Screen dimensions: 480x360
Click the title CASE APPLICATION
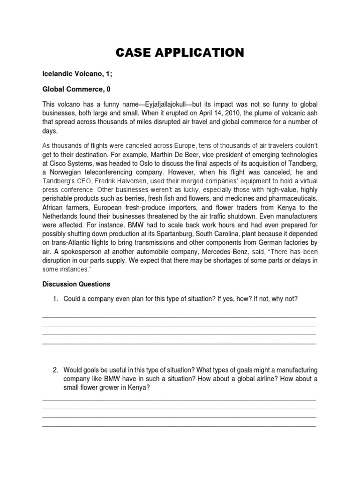pyautogui.click(x=180, y=52)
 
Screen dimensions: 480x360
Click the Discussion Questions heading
pyautogui.click(x=76, y=284)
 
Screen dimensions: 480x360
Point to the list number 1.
pyautogui.click(x=55, y=299)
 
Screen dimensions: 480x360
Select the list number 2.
pyautogui.click(x=55, y=370)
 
